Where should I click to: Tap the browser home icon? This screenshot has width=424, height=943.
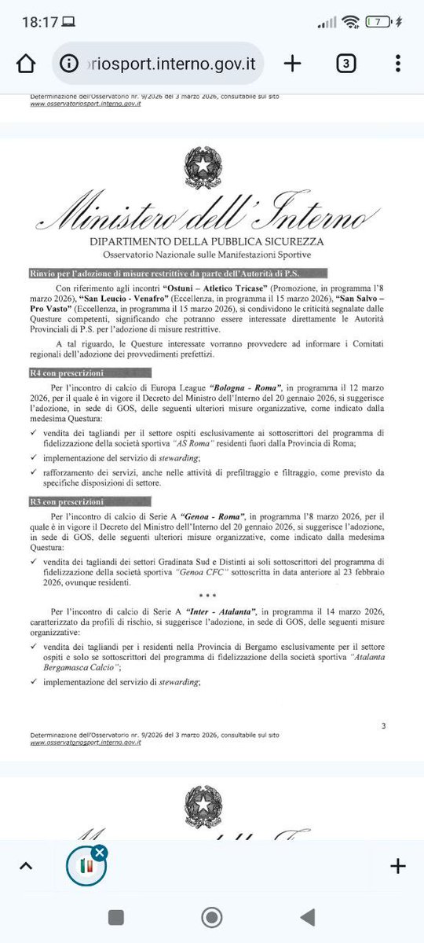(26, 64)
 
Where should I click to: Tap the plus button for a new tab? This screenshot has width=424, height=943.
(292, 64)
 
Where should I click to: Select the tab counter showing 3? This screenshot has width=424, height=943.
(346, 64)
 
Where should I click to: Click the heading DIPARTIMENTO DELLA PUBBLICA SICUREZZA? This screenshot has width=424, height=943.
(211, 242)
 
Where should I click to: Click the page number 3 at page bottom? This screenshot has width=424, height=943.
(382, 725)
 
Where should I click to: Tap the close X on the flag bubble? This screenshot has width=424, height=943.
(99, 853)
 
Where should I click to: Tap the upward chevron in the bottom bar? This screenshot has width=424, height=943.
(25, 867)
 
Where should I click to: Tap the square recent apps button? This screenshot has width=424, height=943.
(116, 917)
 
